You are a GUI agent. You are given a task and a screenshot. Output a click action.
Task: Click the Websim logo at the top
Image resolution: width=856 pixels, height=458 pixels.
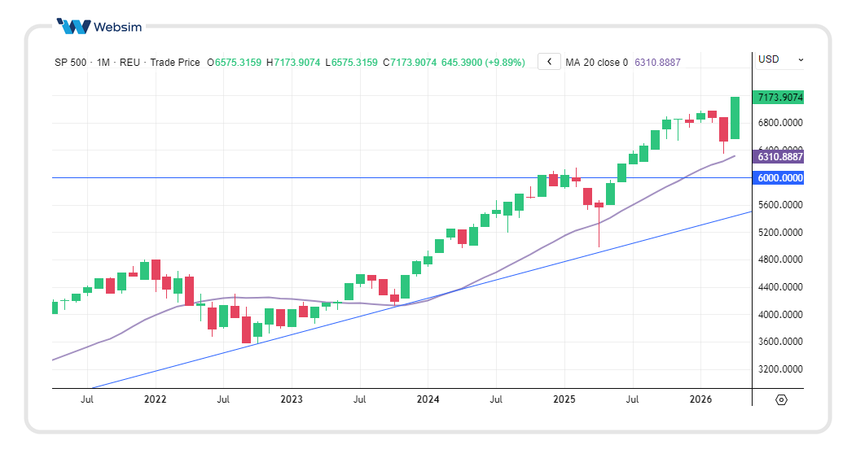coord(99,26)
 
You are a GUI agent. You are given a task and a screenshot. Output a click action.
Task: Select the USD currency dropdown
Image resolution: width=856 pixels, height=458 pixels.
coord(779,59)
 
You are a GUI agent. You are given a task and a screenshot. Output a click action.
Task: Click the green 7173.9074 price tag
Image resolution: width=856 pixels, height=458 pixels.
coord(779,98)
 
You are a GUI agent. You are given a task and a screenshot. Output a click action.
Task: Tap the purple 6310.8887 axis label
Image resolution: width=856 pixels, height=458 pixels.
coord(779,157)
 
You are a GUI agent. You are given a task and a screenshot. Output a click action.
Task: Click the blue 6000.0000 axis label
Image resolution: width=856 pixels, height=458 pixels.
coord(779,178)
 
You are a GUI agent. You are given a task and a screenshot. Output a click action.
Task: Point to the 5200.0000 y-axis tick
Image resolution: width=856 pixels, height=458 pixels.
coord(779,233)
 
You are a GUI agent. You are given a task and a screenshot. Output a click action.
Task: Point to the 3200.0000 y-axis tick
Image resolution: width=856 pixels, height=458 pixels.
coord(779,369)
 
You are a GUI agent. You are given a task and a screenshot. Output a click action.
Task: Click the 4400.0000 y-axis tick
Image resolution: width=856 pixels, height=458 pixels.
coord(779,287)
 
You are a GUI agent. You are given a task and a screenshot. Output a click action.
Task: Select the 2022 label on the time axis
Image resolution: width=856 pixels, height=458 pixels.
coord(155,399)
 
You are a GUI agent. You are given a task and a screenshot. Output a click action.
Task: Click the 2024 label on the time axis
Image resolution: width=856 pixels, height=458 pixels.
coord(428,399)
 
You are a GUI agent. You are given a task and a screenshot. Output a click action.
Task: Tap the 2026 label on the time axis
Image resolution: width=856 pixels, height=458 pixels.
coord(700,399)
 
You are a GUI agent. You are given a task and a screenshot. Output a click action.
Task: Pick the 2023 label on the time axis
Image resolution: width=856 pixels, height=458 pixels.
coord(291,399)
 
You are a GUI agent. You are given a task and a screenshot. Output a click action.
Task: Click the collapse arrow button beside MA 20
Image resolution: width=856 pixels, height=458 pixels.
coord(549,62)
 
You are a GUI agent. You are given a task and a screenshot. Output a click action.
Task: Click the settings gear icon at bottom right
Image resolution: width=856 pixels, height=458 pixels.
coord(781,399)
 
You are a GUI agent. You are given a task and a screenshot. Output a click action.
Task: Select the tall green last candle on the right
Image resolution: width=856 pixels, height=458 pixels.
coord(735,118)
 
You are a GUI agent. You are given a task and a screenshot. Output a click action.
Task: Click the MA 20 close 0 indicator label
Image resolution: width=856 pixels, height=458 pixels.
coord(596,62)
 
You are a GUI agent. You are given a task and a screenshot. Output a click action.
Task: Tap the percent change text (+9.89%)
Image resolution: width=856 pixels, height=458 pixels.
coord(505,62)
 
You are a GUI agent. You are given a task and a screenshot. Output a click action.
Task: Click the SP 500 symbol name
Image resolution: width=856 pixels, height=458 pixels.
coord(72,62)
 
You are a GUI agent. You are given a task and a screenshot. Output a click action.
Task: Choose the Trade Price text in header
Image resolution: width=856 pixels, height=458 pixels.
coord(175,62)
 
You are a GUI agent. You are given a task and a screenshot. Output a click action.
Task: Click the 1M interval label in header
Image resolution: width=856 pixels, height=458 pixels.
coord(103,62)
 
